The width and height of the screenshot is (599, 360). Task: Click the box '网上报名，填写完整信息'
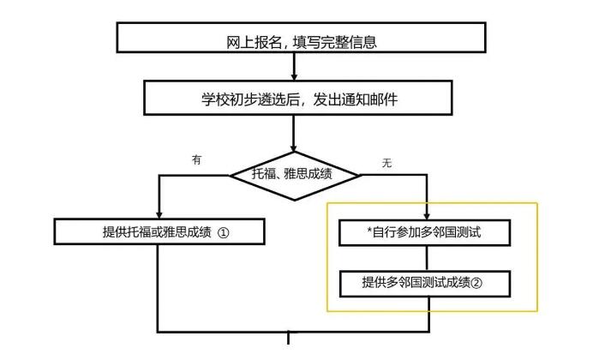[x=300, y=39]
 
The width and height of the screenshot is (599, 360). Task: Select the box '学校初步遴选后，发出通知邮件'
[x=294, y=99]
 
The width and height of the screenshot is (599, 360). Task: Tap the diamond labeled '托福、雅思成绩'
[x=295, y=174]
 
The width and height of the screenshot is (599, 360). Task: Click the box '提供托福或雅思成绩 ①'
[x=159, y=231]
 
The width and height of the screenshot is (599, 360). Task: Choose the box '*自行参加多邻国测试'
[x=426, y=232]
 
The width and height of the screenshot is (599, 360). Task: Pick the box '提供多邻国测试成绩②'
[x=426, y=283]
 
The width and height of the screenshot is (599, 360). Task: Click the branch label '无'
[x=386, y=163]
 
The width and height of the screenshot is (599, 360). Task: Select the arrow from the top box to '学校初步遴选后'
[x=294, y=68]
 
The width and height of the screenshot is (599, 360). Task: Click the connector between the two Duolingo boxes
[x=427, y=257]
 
